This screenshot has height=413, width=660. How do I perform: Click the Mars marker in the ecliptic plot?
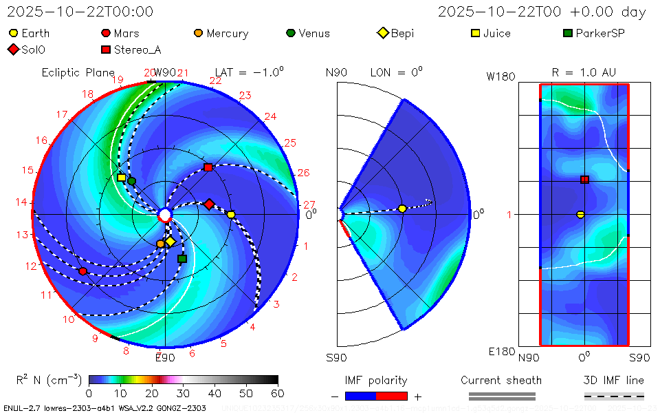[83, 271]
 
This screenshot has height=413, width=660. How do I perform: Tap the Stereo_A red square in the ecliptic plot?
[208, 167]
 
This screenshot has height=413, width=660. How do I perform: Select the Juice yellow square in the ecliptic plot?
[122, 178]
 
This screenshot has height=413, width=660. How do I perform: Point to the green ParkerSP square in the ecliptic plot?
[182, 259]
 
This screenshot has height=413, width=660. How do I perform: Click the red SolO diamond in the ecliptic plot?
[209, 204]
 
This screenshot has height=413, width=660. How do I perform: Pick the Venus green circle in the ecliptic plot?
[132, 181]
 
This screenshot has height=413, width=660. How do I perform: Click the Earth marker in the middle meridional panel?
[402, 209]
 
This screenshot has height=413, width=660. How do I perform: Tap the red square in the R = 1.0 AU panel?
[584, 180]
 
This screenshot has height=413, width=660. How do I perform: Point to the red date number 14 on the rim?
[22, 202]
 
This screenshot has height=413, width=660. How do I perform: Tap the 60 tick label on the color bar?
[278, 393]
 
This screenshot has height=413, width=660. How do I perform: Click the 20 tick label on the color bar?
[151, 393]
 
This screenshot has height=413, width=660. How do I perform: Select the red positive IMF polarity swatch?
[392, 396]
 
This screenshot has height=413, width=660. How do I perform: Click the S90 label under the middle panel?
[336, 357]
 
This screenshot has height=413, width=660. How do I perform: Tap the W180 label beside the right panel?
[500, 77]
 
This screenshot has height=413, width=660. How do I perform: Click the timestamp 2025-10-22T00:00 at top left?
[80, 12]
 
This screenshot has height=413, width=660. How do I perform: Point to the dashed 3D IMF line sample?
[614, 396]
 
